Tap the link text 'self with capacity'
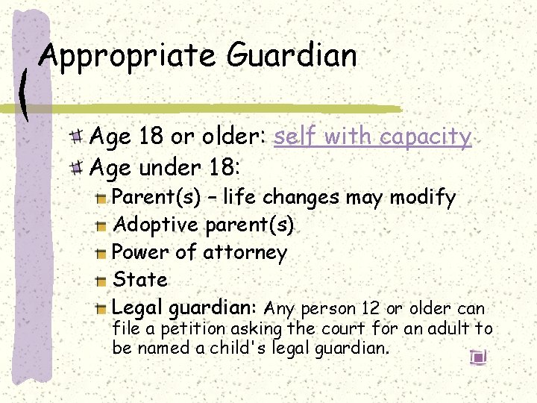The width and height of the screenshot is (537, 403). tap(372, 137)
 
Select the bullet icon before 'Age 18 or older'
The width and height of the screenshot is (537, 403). tap(78, 137)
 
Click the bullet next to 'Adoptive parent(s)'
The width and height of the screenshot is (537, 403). tap(101, 225)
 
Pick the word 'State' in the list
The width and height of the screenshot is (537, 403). tap(140, 280)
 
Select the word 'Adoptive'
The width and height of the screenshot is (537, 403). tap(156, 225)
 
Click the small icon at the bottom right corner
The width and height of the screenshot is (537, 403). tap(478, 357)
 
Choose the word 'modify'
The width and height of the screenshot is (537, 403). tap(422, 198)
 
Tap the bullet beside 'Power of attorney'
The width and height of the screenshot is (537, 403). tap(101, 253)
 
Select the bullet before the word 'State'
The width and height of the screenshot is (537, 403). tap(101, 281)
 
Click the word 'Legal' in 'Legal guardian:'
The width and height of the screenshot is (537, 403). tap(138, 307)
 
